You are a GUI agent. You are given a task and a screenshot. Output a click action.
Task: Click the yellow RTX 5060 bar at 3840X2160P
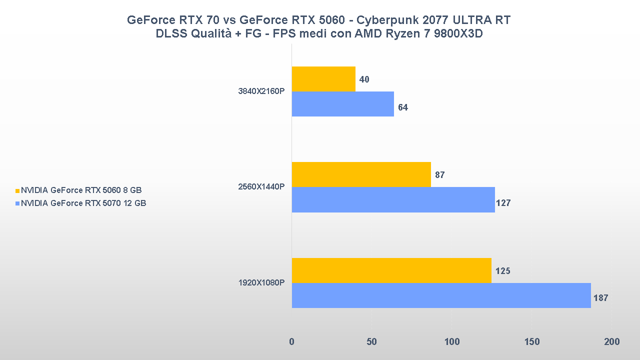(x=323, y=79)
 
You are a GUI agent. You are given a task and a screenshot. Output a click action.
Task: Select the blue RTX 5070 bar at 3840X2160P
(x=342, y=104)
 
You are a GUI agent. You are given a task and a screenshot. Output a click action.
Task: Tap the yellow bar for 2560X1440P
(x=361, y=174)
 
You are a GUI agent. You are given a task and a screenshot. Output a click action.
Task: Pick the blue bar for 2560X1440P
(x=393, y=200)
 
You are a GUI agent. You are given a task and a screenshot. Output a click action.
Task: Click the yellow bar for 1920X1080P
(x=391, y=270)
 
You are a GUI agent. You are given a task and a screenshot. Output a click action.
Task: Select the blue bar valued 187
(x=441, y=295)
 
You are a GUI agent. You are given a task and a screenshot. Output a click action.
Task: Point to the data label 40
(x=364, y=79)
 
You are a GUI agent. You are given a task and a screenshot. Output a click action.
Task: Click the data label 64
(x=403, y=107)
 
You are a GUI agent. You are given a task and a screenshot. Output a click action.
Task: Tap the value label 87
(x=440, y=175)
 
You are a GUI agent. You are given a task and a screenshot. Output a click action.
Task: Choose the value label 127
(x=503, y=203)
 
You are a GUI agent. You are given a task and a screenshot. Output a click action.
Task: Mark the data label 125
(x=502, y=271)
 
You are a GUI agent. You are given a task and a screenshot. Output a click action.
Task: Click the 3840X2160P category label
(x=261, y=91)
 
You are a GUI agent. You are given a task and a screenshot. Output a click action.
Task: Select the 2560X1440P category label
(x=261, y=187)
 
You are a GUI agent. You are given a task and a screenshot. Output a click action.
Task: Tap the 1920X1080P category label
(x=261, y=283)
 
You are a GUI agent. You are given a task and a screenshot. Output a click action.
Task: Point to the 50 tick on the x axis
(x=371, y=342)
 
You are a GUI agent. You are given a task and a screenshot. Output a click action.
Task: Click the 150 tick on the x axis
(x=532, y=342)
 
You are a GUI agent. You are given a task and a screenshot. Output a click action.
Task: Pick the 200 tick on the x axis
(x=611, y=342)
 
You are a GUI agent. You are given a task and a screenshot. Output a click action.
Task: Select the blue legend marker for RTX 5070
(x=17, y=203)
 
